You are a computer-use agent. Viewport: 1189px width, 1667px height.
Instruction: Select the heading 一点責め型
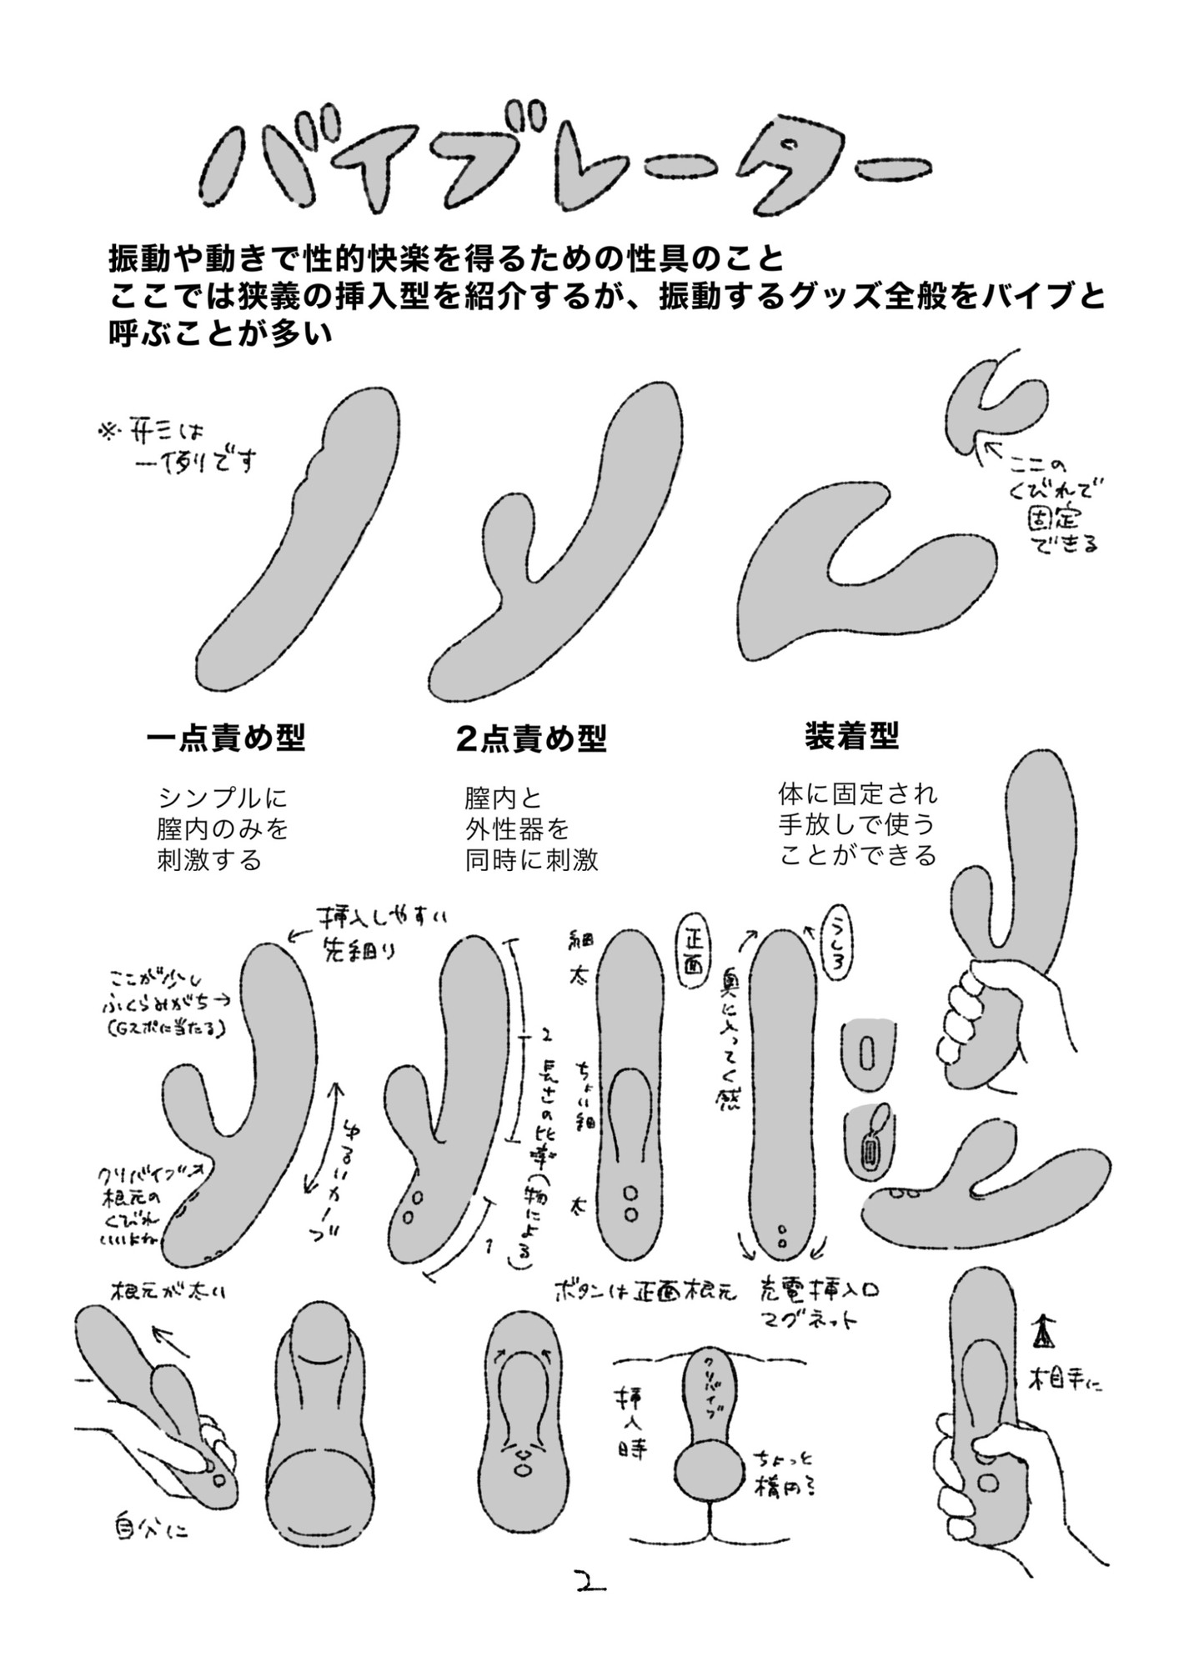click(226, 738)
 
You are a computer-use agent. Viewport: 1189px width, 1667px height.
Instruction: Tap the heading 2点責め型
click(531, 738)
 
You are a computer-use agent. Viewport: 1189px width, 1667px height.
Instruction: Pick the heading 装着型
click(850, 735)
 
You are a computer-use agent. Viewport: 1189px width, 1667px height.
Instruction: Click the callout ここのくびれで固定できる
click(1055, 505)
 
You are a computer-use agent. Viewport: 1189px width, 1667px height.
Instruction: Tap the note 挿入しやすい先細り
click(375, 933)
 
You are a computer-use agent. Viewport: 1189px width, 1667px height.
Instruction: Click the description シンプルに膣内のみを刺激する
click(222, 828)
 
